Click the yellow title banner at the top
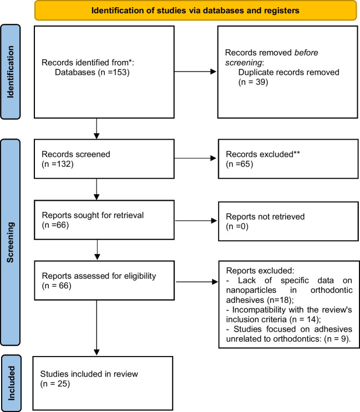pos(195,11)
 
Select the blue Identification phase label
pos(10,72)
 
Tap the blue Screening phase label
pos(10,242)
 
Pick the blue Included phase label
pos(11,383)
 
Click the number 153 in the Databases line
pos(119,72)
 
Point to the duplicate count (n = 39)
pos(253,82)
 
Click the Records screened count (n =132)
pos(58,164)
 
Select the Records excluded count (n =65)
pos(240,164)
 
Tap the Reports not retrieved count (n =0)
pos(237,226)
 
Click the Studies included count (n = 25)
pos(55,384)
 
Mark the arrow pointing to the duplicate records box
pos(195,72)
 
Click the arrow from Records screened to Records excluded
pos(195,158)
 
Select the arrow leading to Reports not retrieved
pos(196,221)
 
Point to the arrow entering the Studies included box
pos(97,328)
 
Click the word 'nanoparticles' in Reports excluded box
pos(251,290)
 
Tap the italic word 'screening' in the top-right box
pos(244,63)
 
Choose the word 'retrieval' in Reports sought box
pos(129,215)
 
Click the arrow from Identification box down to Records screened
pos(97,129)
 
